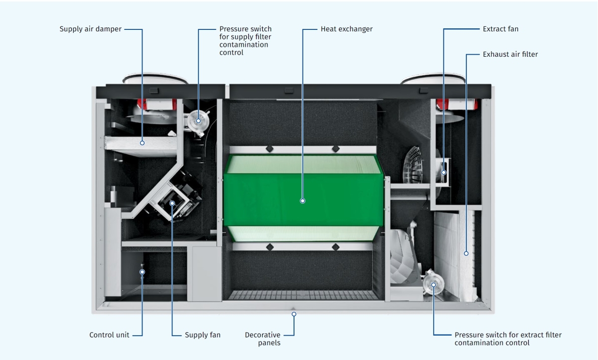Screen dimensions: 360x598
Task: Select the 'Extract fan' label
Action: (500, 29)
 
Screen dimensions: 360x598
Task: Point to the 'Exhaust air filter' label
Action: (510, 54)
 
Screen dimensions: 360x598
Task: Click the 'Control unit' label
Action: (109, 335)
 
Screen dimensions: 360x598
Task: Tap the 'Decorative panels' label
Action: (263, 339)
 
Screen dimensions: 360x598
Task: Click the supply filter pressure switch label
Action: (246, 41)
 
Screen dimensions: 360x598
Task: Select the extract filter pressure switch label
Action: (508, 339)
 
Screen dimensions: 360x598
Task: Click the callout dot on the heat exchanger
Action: (302, 201)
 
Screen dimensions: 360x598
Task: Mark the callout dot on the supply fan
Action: (172, 203)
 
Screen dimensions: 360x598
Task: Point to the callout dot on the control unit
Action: (143, 272)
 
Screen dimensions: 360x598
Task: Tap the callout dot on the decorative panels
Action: (294, 314)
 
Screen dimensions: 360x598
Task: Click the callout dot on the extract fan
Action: (444, 172)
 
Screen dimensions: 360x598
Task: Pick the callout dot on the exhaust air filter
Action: (466, 253)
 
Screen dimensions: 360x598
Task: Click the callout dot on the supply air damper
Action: (143, 143)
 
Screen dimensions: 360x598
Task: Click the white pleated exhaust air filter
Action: (451, 249)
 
